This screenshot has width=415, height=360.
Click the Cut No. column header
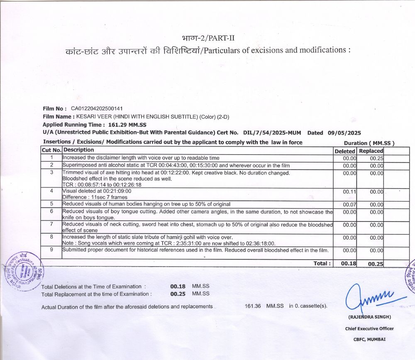[51, 150]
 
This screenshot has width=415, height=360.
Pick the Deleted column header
[345, 151]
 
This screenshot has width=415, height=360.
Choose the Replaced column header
[371, 151]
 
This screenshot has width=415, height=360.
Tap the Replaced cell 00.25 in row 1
[376, 158]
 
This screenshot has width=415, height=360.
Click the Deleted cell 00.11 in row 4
[350, 192]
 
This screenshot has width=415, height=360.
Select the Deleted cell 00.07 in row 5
[350, 204]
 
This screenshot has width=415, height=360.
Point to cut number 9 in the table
[51, 250]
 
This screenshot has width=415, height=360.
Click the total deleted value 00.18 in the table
[349, 263]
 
